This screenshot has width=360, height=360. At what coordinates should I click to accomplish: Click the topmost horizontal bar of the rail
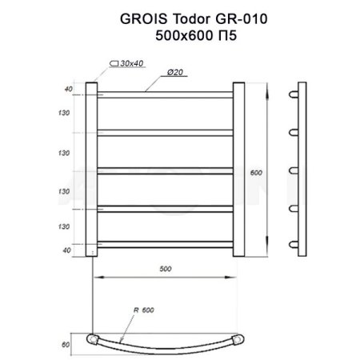[166, 96]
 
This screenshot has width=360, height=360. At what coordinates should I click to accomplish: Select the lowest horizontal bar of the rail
[166, 243]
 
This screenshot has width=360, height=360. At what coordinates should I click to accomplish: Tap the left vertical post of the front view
[91, 169]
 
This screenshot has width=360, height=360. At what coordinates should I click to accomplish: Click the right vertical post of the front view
[239, 169]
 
